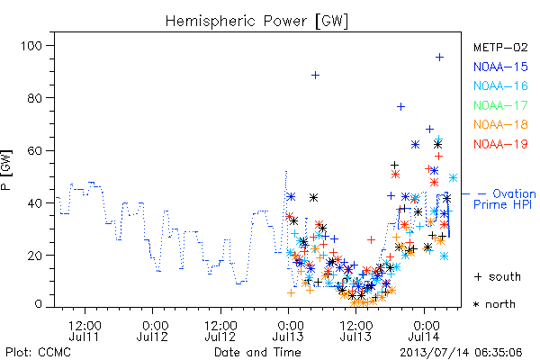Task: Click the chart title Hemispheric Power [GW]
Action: click(256, 22)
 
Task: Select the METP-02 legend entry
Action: click(500, 47)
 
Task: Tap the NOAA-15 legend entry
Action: click(500, 67)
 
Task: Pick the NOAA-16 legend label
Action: click(500, 85)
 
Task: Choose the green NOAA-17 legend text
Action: click(500, 105)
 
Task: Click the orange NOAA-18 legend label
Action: click(500, 124)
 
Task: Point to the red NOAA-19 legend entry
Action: click(500, 144)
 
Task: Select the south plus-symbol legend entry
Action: click(498, 276)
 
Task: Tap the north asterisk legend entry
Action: click(494, 304)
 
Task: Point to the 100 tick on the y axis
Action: click(31, 46)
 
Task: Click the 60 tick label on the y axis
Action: click(35, 150)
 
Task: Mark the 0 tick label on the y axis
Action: click(38, 304)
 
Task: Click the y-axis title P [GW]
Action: click(6, 170)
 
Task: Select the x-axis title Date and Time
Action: click(257, 352)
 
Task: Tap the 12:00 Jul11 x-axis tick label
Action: click(85, 331)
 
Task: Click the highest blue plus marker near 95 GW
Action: click(439, 58)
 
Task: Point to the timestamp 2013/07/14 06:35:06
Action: click(461, 353)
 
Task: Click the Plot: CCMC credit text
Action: click(38, 353)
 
